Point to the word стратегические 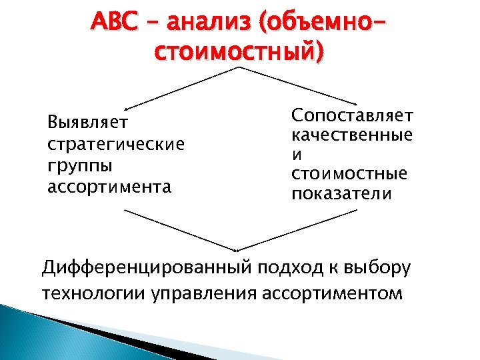click(x=116, y=144)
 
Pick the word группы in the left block click(x=80, y=165)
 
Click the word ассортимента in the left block click(x=109, y=187)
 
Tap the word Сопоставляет click(x=352, y=115)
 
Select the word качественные click(x=352, y=135)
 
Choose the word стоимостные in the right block click(x=349, y=174)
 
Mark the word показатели click(x=342, y=194)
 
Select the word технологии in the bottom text click(x=87, y=293)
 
